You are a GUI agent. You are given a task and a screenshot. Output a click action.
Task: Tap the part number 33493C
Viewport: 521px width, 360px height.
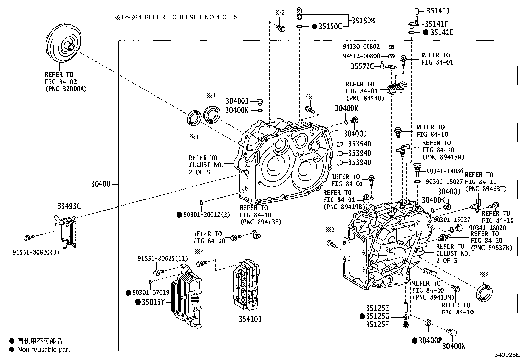click(x=69, y=206)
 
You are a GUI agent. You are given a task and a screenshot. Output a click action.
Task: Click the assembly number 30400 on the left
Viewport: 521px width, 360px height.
click(x=100, y=184)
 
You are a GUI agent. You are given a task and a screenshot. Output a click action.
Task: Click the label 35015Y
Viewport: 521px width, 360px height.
click(x=153, y=302)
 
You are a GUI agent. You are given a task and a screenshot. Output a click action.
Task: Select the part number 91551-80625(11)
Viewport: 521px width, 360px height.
click(x=162, y=259)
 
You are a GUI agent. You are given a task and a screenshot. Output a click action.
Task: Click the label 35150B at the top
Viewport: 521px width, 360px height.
click(x=363, y=21)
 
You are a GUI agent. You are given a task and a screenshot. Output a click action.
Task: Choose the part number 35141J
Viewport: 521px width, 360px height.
click(x=438, y=11)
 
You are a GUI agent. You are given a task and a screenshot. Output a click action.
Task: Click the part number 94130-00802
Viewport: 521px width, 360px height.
click(x=361, y=47)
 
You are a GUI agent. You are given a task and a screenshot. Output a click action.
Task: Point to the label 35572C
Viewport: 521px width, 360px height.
click(x=362, y=66)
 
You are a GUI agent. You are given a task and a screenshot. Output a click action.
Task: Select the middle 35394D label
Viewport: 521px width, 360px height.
click(x=360, y=153)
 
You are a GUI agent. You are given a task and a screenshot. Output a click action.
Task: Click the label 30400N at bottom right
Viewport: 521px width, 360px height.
click(x=454, y=346)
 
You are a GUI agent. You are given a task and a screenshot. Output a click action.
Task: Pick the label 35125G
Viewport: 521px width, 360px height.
click(x=377, y=316)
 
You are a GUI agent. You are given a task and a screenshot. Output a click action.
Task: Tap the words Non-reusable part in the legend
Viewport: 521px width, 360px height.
click(x=44, y=350)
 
